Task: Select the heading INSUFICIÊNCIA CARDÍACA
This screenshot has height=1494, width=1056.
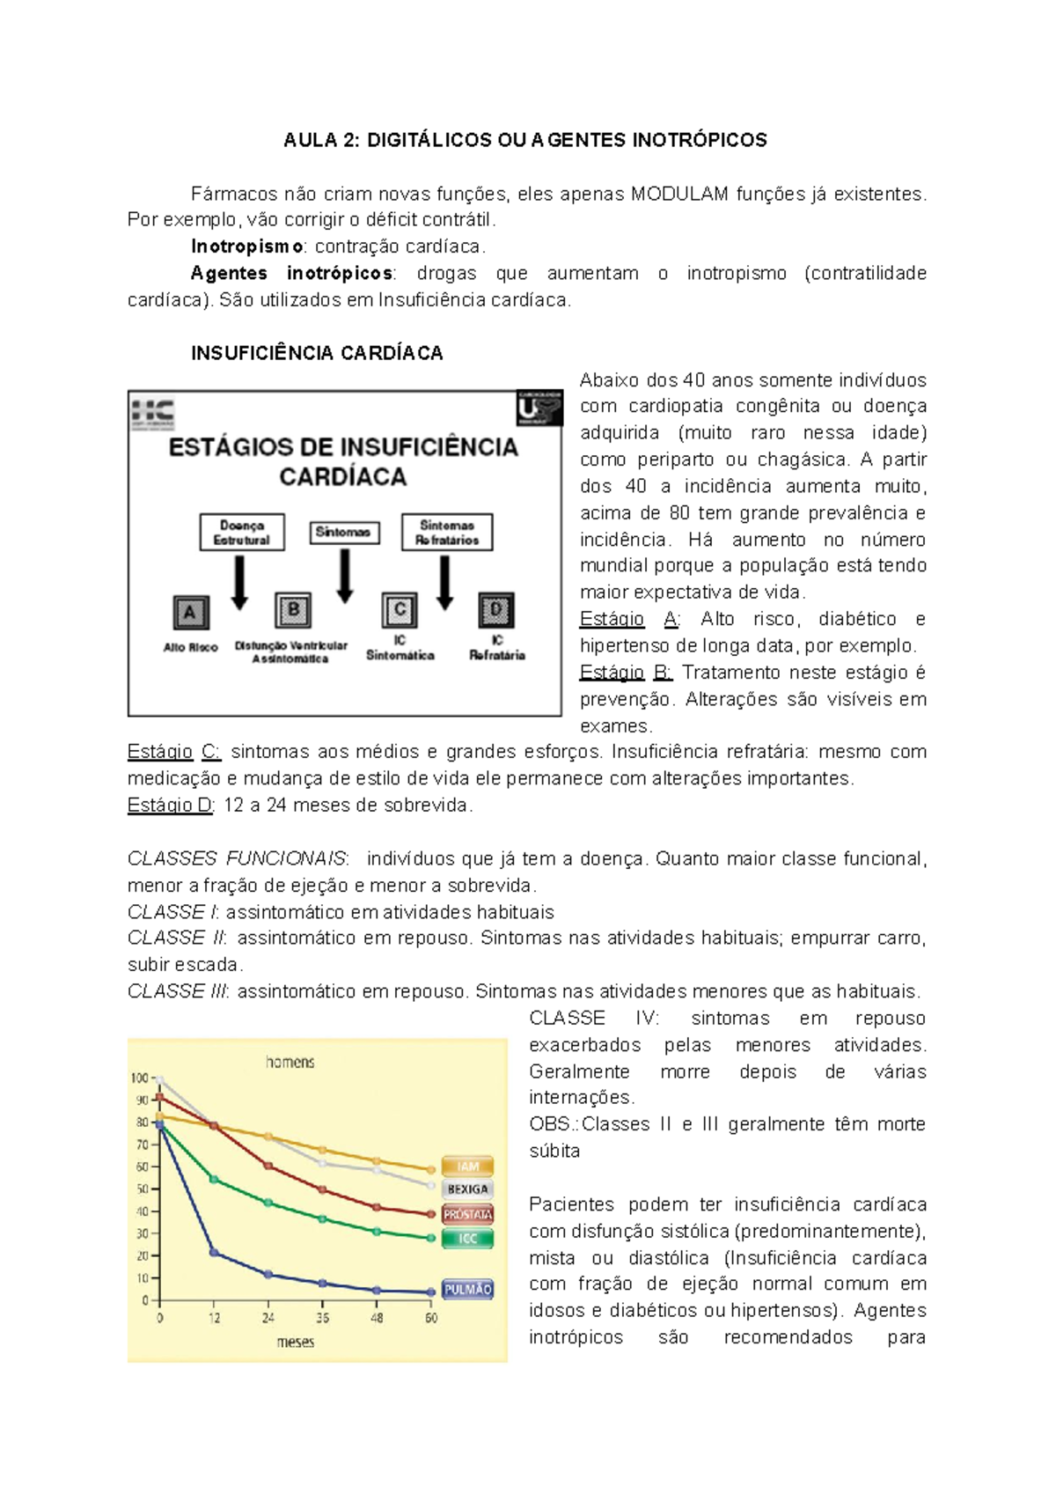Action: [317, 353]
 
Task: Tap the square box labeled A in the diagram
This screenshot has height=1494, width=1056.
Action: [189, 613]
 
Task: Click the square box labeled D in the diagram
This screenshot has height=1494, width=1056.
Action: [496, 610]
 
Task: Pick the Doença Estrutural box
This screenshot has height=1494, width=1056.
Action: [242, 533]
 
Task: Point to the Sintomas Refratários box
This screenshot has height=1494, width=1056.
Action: [447, 533]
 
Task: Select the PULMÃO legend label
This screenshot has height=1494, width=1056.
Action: [467, 1289]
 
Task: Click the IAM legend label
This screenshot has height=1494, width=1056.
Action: [467, 1166]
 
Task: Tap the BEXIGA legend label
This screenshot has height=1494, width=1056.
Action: [467, 1189]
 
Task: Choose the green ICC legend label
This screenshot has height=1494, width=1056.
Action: [467, 1239]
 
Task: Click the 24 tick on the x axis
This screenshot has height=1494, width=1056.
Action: [268, 1318]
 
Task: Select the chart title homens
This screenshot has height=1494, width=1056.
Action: [290, 1063]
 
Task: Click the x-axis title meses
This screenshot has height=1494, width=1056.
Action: [296, 1342]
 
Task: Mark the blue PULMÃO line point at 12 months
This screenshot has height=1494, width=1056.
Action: [214, 1252]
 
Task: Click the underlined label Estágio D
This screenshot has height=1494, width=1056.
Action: [170, 805]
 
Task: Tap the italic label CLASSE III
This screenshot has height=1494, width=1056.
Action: [178, 991]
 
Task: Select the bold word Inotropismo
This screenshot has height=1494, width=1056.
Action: [247, 247]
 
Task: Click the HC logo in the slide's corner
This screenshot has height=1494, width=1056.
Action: [153, 413]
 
